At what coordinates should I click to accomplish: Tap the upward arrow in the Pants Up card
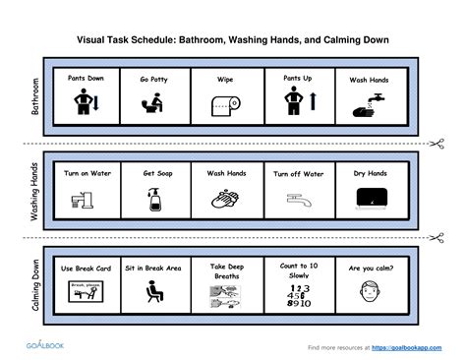(x=308, y=99)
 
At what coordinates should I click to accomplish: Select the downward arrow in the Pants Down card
(x=95, y=101)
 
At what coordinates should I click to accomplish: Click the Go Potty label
(x=152, y=77)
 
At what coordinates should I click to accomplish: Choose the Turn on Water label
(x=86, y=173)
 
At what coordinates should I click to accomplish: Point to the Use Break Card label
(x=85, y=267)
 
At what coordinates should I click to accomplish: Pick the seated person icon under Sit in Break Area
(x=153, y=292)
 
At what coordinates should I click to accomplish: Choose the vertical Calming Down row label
(x=36, y=284)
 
